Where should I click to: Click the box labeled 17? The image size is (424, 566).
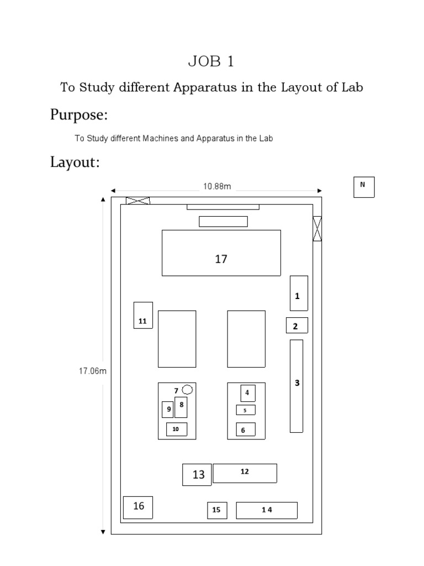(x=221, y=253)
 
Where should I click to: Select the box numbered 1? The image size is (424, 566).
(x=299, y=293)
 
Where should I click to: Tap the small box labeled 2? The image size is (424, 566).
(x=296, y=326)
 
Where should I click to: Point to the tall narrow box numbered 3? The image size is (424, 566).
(x=296, y=385)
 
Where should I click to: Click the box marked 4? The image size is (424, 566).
(x=247, y=393)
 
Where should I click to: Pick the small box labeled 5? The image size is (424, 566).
(x=245, y=410)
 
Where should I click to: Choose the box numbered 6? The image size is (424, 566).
(x=245, y=429)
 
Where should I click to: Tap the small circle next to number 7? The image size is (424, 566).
(x=188, y=390)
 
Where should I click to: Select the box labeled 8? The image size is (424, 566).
(x=181, y=407)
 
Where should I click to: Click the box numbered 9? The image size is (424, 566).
(x=167, y=410)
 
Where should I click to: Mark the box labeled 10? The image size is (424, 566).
(x=176, y=429)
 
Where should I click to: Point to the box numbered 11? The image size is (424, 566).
(x=143, y=315)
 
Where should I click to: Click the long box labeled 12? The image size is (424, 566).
(x=245, y=473)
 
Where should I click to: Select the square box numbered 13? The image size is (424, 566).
(x=197, y=475)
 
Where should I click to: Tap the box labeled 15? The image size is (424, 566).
(x=216, y=510)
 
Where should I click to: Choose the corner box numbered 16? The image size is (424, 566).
(x=137, y=507)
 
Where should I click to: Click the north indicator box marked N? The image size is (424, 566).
(x=363, y=187)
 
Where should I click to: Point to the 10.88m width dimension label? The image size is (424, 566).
(x=216, y=187)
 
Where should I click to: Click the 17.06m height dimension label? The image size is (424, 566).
(x=92, y=371)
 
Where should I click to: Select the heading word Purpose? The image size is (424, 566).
(x=78, y=115)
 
